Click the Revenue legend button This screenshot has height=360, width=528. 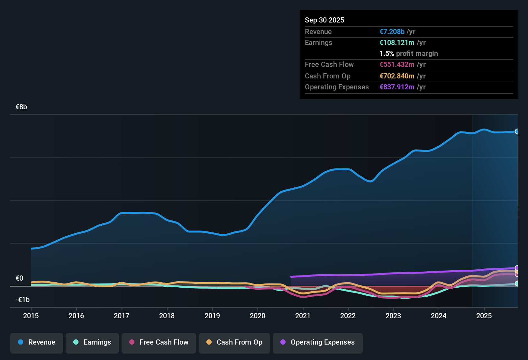(x=37, y=342)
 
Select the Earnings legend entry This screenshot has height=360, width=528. (x=92, y=342)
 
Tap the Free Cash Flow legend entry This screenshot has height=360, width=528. (x=159, y=342)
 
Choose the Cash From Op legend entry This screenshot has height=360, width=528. (x=234, y=342)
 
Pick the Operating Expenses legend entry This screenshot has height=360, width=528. (x=317, y=342)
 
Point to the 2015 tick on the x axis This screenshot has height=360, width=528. (x=31, y=316)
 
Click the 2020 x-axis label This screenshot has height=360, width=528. (x=258, y=316)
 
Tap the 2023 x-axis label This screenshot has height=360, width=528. (x=393, y=316)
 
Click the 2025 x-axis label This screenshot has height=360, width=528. (x=484, y=316)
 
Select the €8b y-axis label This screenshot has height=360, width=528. (x=21, y=107)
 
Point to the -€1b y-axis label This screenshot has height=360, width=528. (x=23, y=300)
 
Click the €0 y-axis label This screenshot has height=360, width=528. (x=19, y=278)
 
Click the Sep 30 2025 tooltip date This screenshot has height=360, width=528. (x=324, y=20)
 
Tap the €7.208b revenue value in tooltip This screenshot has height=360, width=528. (x=392, y=32)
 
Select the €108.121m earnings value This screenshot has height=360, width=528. (x=397, y=43)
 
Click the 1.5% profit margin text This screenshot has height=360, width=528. (x=408, y=54)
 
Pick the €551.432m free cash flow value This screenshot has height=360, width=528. (x=397, y=65)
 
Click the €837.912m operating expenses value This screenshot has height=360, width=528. (x=397, y=87)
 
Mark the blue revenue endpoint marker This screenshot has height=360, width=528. (x=517, y=131)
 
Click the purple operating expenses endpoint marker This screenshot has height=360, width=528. (x=517, y=268)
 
